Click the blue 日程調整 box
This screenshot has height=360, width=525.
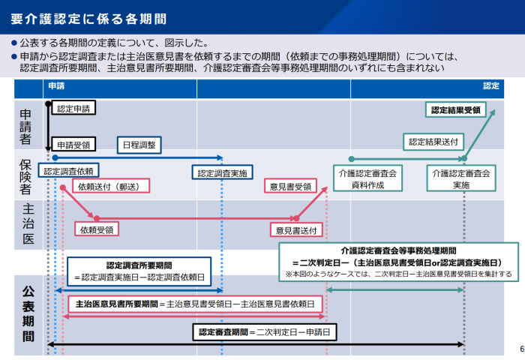[139, 145]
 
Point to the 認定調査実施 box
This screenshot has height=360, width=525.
[223, 173]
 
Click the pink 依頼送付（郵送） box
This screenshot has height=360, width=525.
[109, 186]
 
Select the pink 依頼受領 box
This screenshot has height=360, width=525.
[97, 229]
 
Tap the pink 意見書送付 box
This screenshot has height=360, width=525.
[296, 229]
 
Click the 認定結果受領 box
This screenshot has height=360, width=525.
[456, 109]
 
